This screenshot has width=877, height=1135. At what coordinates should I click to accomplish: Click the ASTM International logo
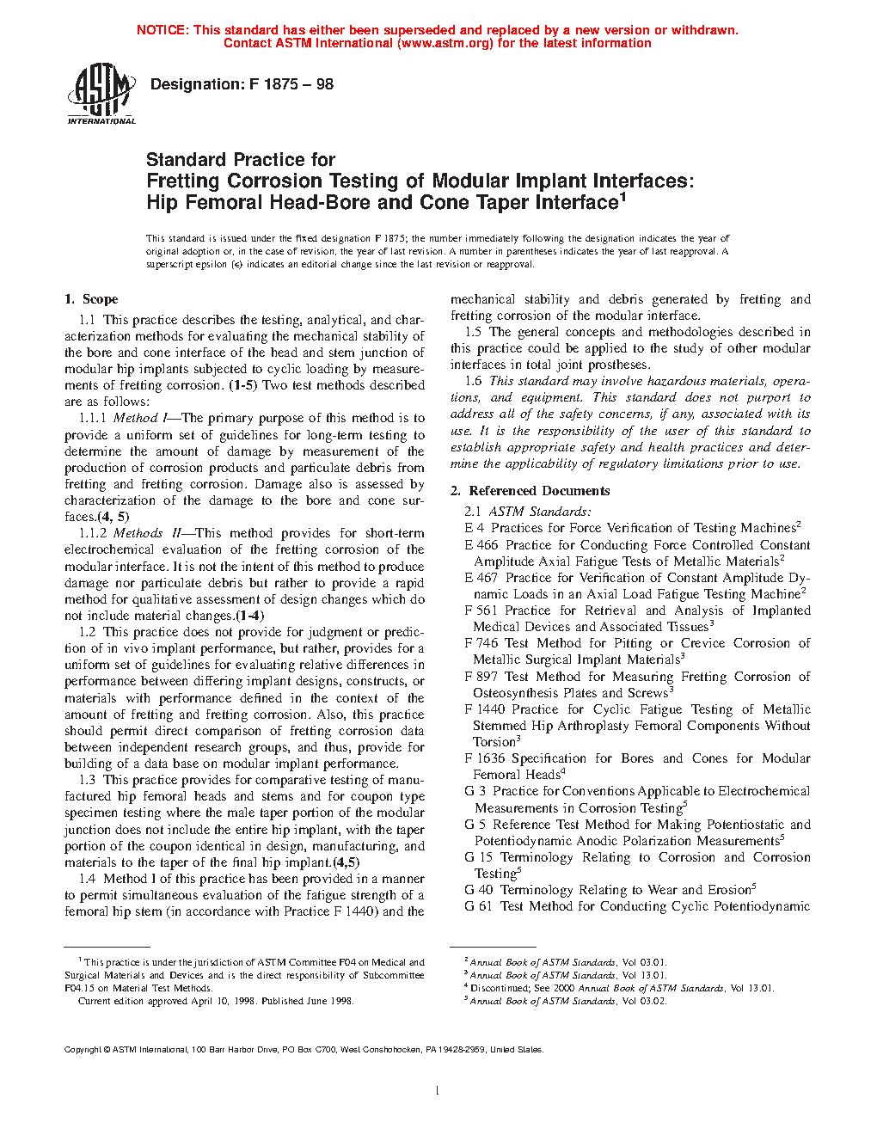(x=101, y=94)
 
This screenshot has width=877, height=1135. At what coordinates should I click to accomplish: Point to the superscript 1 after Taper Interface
(x=622, y=197)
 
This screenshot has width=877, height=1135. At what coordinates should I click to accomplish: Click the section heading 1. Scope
(x=91, y=299)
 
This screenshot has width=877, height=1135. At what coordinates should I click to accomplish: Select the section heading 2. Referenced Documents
(x=530, y=491)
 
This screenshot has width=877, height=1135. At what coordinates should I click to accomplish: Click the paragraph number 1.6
(x=473, y=381)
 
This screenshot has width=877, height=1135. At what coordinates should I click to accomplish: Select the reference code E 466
(x=481, y=545)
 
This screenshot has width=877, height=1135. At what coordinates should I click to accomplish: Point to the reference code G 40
(x=478, y=890)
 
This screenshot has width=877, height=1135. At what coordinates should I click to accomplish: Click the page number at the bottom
(x=438, y=1091)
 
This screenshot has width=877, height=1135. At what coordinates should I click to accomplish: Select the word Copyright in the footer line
(x=83, y=1049)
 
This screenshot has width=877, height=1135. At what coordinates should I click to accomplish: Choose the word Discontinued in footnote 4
(x=496, y=988)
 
